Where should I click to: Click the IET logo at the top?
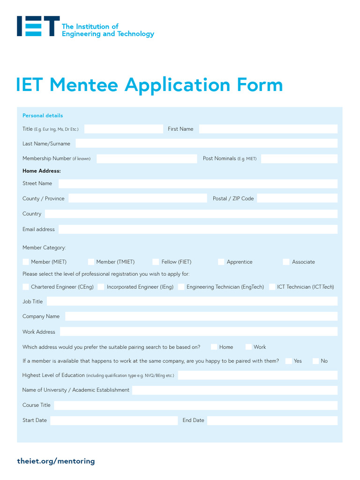point(38,26)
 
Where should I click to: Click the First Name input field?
point(268,129)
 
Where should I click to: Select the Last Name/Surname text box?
point(206,143)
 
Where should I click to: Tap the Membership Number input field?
point(146,159)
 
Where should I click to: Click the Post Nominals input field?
point(299,159)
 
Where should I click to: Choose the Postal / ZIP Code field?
point(297,198)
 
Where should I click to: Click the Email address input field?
point(197,229)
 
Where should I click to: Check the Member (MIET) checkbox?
point(26,262)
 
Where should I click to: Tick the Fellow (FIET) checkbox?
point(156,262)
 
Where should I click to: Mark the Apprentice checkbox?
point(221,262)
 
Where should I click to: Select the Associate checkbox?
point(286,262)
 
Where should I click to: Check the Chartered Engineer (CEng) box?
point(26,287)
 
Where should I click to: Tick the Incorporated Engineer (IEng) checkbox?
point(101,287)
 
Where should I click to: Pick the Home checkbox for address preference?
point(214,347)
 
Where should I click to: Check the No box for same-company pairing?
point(315,361)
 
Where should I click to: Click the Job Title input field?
point(192,301)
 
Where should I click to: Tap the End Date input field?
point(272,420)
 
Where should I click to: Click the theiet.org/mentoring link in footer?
point(56,461)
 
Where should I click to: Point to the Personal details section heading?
point(43,116)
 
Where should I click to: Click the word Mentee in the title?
point(84,85)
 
